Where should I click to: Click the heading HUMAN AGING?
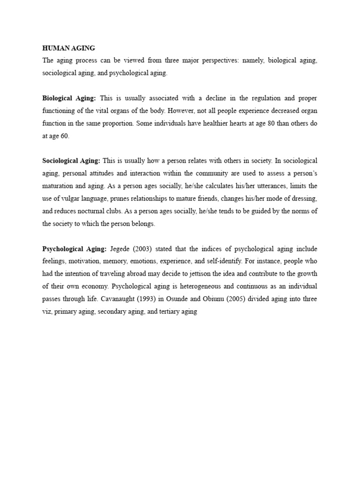[x=68, y=48]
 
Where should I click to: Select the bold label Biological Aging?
[x=69, y=98]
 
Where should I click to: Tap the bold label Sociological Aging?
[x=71, y=160]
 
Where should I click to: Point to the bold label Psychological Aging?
[x=75, y=248]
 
